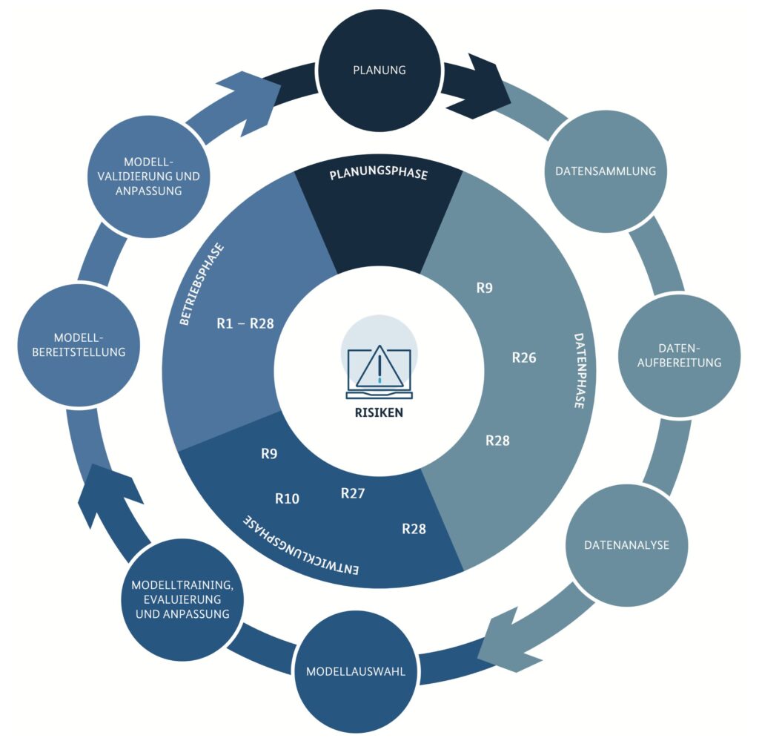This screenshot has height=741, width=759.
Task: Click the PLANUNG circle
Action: click(x=379, y=70)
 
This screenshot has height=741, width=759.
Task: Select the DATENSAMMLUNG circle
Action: click(x=605, y=171)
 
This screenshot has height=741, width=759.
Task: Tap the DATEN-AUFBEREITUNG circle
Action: click(x=679, y=355)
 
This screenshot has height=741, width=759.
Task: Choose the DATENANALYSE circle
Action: click(x=626, y=545)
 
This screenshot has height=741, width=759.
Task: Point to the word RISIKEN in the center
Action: click(x=379, y=412)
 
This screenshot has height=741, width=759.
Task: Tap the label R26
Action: click(x=524, y=358)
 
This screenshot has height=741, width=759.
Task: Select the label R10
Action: click(x=287, y=498)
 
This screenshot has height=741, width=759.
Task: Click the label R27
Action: click(x=353, y=493)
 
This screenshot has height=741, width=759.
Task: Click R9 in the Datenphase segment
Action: click(x=484, y=288)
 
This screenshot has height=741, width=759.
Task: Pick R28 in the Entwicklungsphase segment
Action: click(x=414, y=529)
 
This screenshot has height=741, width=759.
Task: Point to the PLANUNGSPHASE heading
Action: click(x=379, y=175)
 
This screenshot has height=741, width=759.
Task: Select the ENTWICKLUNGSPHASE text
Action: click(x=301, y=547)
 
